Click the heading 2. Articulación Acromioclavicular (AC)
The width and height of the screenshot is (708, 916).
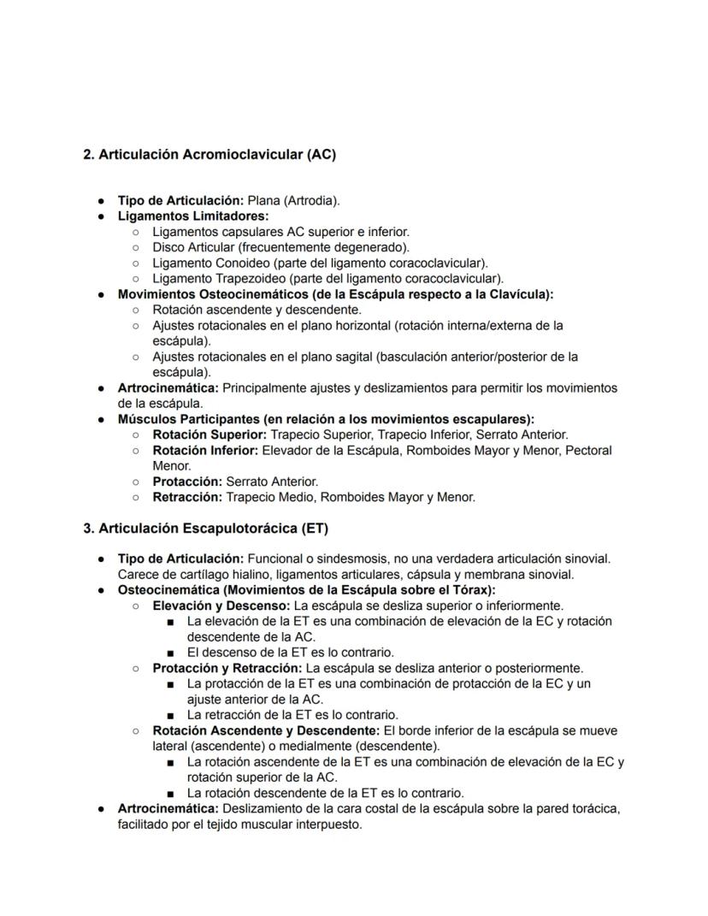pos(209,155)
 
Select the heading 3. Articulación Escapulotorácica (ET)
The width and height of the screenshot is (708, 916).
pos(205,529)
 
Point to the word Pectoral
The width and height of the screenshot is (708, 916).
pos(589,450)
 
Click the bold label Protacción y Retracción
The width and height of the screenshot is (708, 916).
pos(227,667)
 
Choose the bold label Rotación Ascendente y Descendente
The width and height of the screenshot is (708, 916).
pos(266,730)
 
